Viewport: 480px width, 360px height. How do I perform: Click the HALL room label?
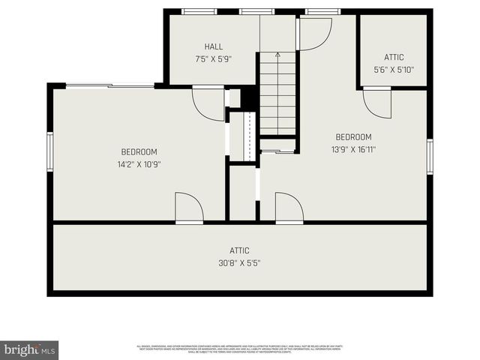(x=214, y=46)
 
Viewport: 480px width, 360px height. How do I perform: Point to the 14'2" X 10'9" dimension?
(x=139, y=164)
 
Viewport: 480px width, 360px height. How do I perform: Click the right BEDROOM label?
(x=353, y=136)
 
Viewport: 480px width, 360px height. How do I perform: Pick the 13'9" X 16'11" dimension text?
(x=353, y=149)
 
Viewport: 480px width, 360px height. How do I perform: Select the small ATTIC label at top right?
(x=394, y=57)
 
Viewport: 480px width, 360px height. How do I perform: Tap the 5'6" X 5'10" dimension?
(x=394, y=70)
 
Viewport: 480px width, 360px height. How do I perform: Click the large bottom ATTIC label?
(x=240, y=250)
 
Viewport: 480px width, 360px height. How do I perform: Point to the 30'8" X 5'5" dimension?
(x=240, y=263)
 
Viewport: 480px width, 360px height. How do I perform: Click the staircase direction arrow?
(x=277, y=55)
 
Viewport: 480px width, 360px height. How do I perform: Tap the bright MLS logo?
(x=29, y=349)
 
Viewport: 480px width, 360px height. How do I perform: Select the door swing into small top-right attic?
(x=377, y=103)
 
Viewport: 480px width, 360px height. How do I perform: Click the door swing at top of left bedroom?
(x=208, y=103)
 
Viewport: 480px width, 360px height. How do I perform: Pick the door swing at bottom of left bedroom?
(x=189, y=207)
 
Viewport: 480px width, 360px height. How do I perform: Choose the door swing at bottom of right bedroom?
(x=289, y=207)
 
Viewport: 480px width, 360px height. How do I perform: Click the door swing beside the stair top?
(x=315, y=33)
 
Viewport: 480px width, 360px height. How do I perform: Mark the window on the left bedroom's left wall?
(x=50, y=152)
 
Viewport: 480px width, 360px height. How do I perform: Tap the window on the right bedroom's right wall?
(x=430, y=156)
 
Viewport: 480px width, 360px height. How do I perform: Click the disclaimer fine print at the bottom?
(x=240, y=348)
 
